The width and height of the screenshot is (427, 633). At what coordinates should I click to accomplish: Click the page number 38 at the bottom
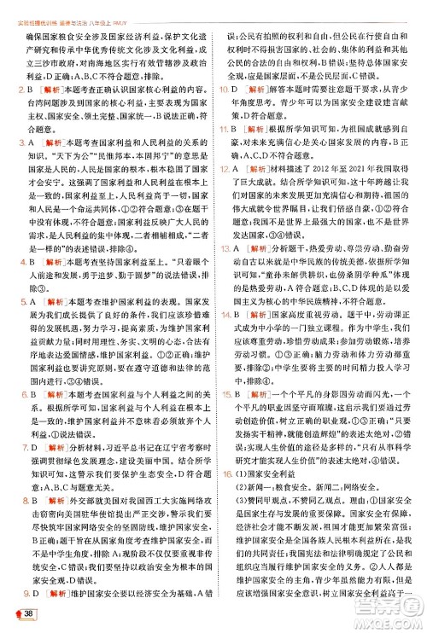tap(29, 615)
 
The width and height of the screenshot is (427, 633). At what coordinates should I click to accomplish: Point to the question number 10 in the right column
tap(222, 89)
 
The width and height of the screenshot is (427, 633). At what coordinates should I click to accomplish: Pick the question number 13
tap(222, 247)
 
